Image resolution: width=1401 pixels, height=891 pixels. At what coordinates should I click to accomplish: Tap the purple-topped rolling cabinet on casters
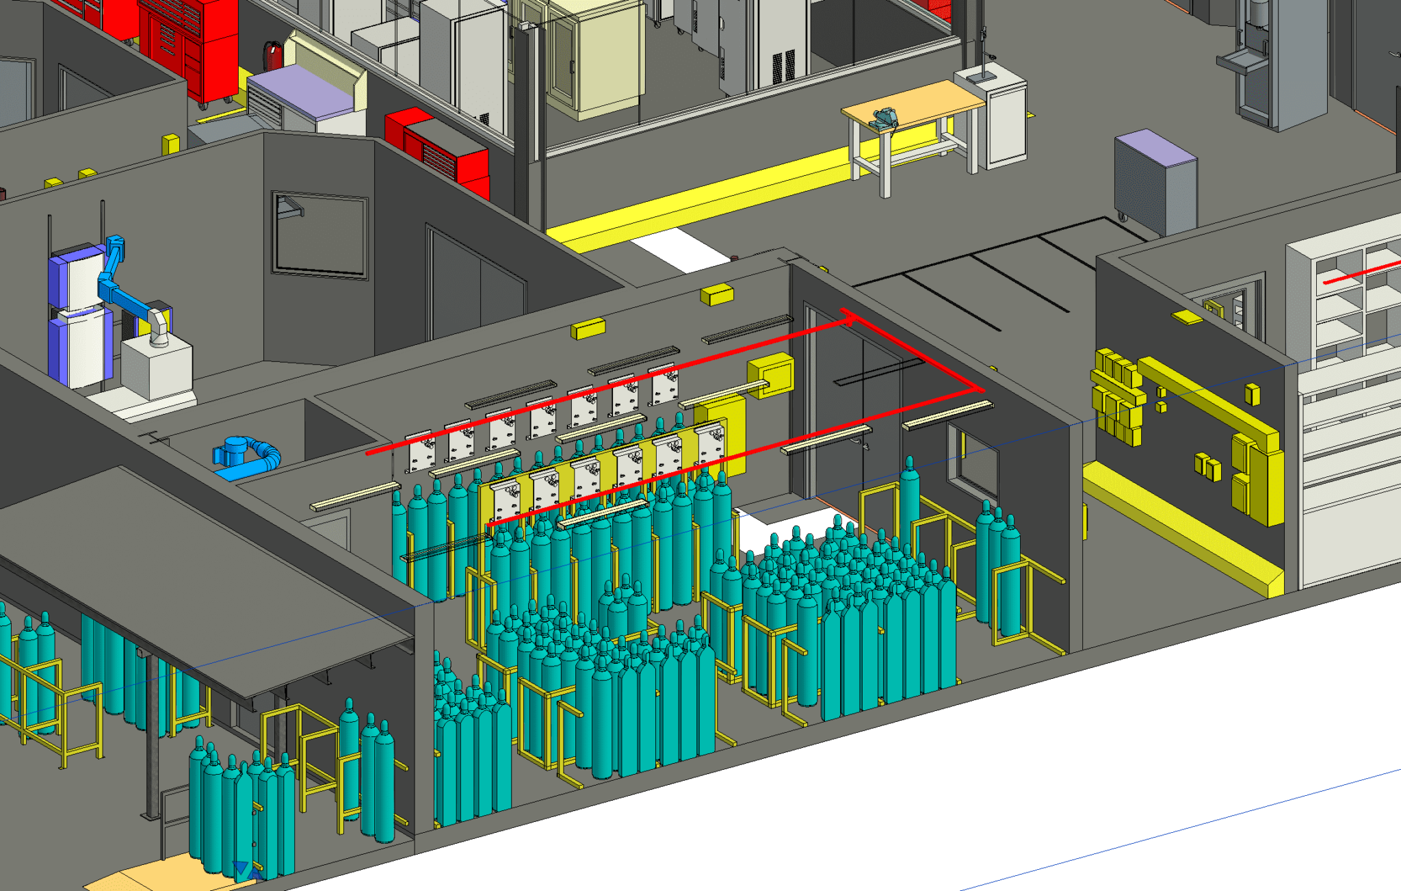pos(1155,181)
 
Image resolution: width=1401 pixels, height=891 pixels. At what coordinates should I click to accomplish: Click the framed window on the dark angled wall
pos(320,234)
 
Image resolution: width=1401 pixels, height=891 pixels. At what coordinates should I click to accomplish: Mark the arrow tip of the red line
pos(848,316)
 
